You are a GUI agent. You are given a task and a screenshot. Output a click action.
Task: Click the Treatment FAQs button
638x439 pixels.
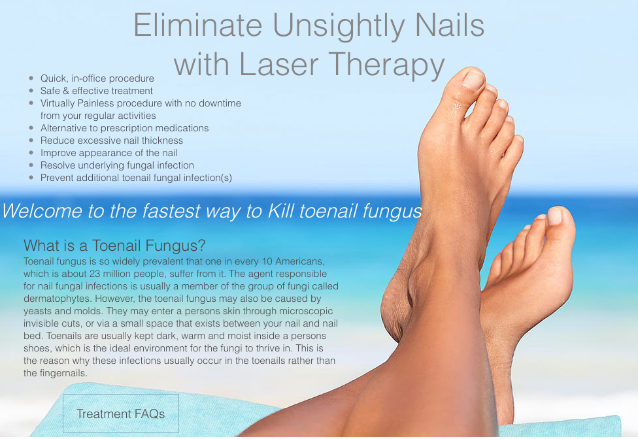pyautogui.click(x=120, y=414)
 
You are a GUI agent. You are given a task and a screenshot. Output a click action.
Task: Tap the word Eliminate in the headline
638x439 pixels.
pyautogui.click(x=199, y=25)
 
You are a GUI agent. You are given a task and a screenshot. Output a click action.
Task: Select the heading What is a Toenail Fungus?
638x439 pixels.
pyautogui.click(x=114, y=246)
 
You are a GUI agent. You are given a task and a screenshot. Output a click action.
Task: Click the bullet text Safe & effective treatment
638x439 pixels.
pyautogui.click(x=97, y=91)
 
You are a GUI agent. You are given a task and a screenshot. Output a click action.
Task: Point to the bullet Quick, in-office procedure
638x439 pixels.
pyautogui.click(x=97, y=78)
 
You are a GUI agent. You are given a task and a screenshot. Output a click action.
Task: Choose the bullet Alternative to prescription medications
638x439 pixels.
pyautogui.click(x=124, y=128)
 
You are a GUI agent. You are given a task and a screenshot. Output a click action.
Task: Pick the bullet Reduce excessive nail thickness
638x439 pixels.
pyautogui.click(x=112, y=140)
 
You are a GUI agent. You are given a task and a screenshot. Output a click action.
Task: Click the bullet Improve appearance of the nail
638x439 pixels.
pyautogui.click(x=109, y=153)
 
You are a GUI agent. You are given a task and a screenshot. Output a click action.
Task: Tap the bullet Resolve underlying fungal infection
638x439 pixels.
pyautogui.click(x=117, y=165)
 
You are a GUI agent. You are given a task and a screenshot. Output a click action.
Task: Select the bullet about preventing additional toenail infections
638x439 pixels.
pyautogui.click(x=136, y=178)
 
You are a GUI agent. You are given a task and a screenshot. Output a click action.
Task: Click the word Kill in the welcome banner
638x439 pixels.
pyautogui.click(x=282, y=211)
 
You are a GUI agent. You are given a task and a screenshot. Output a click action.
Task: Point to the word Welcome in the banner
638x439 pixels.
pyautogui.click(x=42, y=211)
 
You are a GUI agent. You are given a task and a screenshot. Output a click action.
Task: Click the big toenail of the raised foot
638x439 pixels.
pyautogui.click(x=473, y=80)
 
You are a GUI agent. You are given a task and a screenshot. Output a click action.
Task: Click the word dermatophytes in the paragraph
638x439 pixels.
pyautogui.click(x=56, y=299)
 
